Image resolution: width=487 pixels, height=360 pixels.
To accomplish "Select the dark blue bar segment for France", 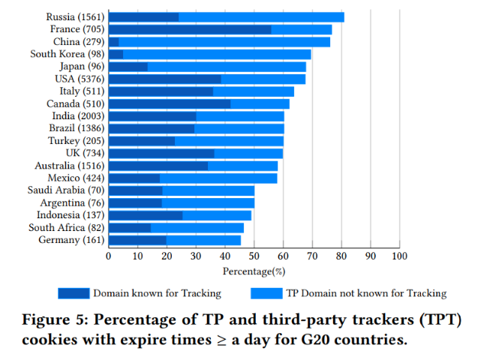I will click(190, 29).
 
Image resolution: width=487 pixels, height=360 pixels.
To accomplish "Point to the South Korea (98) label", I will click(67, 54).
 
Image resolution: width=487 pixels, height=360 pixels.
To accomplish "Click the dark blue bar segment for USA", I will click(164, 79).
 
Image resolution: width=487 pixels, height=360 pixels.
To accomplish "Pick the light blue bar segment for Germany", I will click(203, 240).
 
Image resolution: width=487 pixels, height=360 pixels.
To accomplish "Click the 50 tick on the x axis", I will click(254, 256).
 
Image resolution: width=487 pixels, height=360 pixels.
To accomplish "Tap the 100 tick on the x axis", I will click(399, 256).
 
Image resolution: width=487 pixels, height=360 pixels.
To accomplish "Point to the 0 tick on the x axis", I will click(109, 256).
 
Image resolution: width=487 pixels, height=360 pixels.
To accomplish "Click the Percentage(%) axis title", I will click(254, 270).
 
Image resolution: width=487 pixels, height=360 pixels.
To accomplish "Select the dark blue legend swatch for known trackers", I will click(73, 293).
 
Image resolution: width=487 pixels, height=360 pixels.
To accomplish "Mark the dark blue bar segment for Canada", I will click(170, 103).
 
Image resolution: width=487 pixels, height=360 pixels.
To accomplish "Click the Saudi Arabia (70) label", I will click(65, 190).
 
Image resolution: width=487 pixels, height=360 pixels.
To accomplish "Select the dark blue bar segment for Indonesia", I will click(146, 215).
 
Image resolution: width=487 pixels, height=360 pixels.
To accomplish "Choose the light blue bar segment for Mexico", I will click(218, 178).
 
